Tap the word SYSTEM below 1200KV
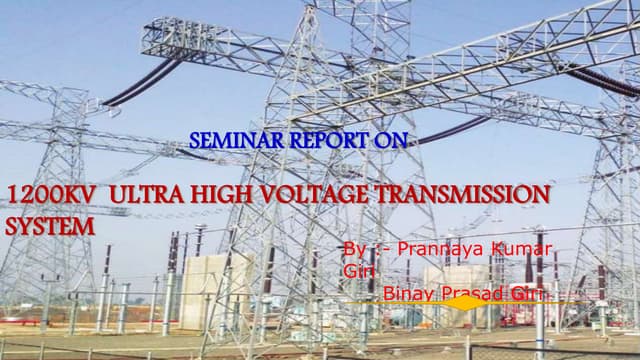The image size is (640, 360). (x=50, y=226)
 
